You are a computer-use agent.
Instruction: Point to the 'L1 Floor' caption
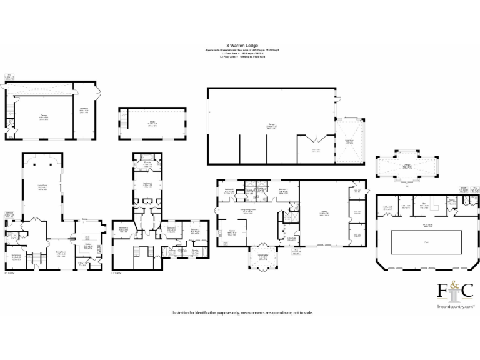pyautogui.click(x=10, y=273)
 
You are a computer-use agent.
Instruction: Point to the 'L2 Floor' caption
pyautogui.click(x=117, y=273)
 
